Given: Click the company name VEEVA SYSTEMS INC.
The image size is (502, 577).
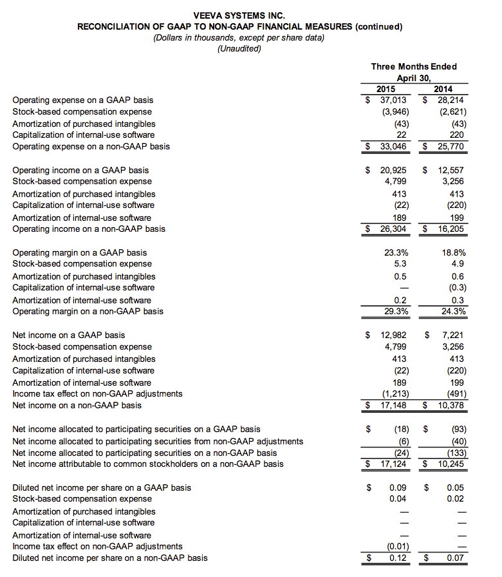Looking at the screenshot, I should (239, 15).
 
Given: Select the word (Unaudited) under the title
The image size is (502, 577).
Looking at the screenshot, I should (239, 49).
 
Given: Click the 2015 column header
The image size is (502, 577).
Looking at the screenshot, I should (386, 89).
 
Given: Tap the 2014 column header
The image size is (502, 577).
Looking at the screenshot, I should (443, 89).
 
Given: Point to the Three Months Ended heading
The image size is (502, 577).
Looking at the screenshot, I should (414, 66).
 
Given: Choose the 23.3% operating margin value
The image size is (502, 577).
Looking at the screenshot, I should (396, 252).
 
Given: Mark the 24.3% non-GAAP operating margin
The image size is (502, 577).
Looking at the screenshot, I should (453, 311).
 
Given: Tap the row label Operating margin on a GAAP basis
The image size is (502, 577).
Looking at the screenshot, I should (80, 252).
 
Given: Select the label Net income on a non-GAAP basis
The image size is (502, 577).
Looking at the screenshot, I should (77, 405).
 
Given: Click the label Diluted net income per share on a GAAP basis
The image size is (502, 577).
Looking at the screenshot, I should (102, 487).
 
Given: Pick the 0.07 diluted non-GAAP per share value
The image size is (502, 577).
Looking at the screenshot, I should (456, 558).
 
